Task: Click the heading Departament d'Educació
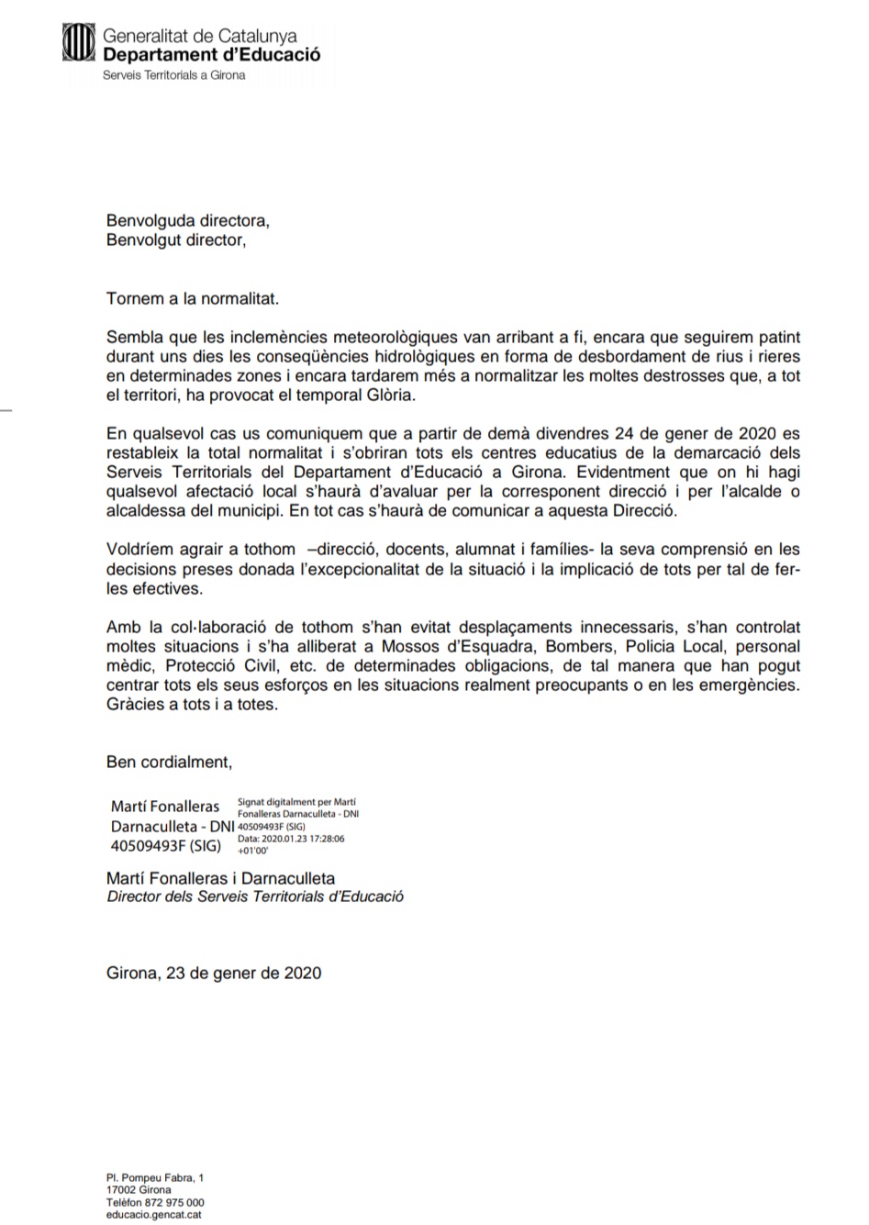211,54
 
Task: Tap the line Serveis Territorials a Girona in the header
173,75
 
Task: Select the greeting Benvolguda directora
188,221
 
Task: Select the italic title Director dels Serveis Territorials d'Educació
255,896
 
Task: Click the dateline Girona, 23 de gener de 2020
214,973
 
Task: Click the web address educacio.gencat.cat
154,1215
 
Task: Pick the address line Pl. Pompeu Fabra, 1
154,1178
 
